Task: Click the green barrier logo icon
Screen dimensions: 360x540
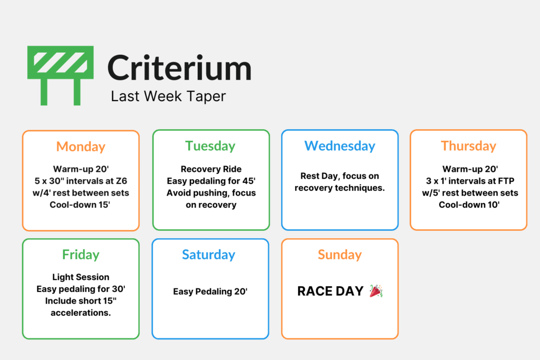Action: pyautogui.click(x=61, y=74)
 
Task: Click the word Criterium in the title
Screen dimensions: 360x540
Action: pyautogui.click(x=179, y=69)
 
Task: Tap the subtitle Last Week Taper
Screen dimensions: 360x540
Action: pyautogui.click(x=168, y=96)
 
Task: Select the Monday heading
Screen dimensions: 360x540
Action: pyautogui.click(x=81, y=147)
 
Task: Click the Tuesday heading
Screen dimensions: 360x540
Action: pyautogui.click(x=210, y=146)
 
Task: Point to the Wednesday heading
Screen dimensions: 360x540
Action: pyautogui.click(x=340, y=146)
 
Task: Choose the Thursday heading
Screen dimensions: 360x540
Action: pyautogui.click(x=468, y=146)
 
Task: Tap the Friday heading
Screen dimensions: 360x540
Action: pyautogui.click(x=81, y=255)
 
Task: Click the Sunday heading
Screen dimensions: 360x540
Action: pyautogui.click(x=340, y=255)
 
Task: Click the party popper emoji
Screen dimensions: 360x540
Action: pyautogui.click(x=376, y=291)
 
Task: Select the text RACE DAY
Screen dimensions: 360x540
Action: pyautogui.click(x=330, y=291)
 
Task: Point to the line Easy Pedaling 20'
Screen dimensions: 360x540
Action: pyautogui.click(x=210, y=291)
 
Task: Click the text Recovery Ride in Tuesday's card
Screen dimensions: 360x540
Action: pyautogui.click(x=211, y=169)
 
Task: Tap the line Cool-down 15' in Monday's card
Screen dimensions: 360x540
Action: pyautogui.click(x=81, y=205)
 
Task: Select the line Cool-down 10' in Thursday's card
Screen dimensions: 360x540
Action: pyautogui.click(x=468, y=205)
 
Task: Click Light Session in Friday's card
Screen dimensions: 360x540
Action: pyautogui.click(x=81, y=277)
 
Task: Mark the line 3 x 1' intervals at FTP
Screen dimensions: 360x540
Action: pyautogui.click(x=468, y=181)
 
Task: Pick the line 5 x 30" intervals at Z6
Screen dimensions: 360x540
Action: pyautogui.click(x=81, y=181)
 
